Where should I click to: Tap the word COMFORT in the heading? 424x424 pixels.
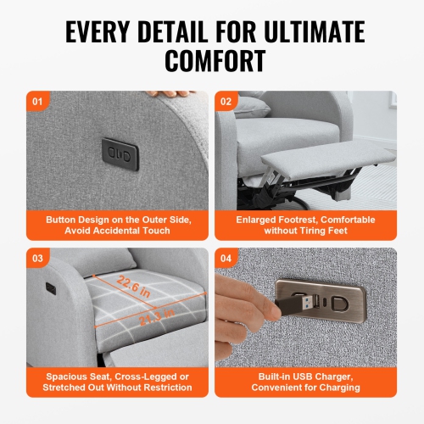(x=212, y=61)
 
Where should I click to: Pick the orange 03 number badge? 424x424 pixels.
(x=36, y=258)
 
